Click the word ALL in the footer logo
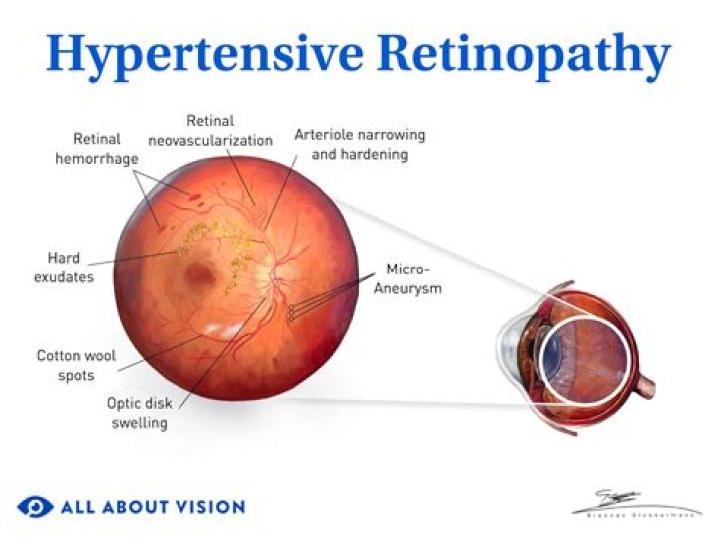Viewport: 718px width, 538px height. coord(77,507)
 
